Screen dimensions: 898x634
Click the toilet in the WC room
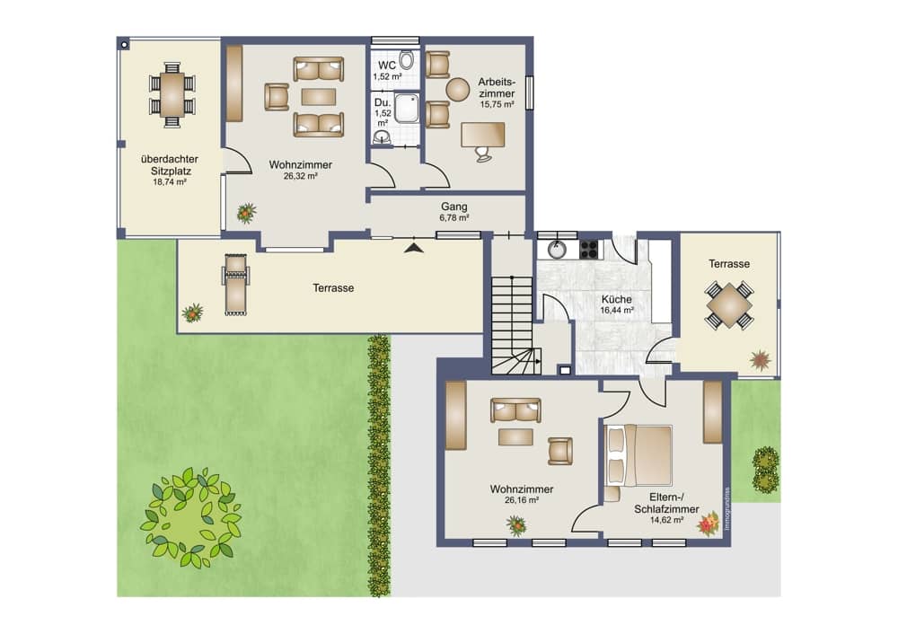(x=406, y=59)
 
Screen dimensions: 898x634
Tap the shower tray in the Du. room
(x=406, y=109)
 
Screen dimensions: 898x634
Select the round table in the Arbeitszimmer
(x=458, y=89)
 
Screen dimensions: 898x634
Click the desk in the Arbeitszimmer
(x=483, y=134)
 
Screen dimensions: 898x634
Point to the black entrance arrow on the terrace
(x=414, y=248)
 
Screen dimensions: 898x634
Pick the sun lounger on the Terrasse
(x=235, y=285)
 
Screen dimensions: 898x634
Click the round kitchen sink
(x=556, y=250)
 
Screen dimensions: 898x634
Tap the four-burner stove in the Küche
(x=589, y=249)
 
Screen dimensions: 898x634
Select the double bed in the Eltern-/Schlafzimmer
(x=638, y=455)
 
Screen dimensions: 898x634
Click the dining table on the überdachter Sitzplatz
(x=172, y=94)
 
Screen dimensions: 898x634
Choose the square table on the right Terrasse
(x=729, y=305)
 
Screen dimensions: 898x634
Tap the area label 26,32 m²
(x=301, y=176)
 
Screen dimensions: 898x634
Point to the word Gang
(x=454, y=207)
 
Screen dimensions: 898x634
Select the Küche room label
(x=617, y=300)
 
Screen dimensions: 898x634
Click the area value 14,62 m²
(x=666, y=520)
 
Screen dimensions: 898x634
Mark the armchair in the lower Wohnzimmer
(x=560, y=451)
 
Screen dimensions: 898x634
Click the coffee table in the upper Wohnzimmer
(x=319, y=97)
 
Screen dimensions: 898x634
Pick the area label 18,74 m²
(x=170, y=182)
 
